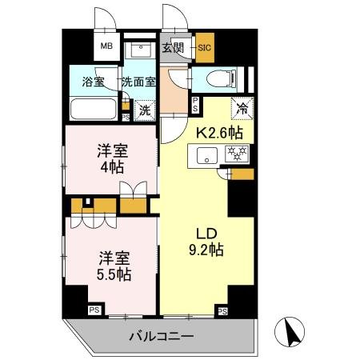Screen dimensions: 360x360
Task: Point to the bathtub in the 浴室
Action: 94,108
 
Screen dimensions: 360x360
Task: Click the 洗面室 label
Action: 138,82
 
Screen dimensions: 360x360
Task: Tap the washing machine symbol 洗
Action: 145,110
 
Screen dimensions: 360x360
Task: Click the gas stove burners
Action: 238,154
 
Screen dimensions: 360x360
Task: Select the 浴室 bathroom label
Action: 94,82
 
